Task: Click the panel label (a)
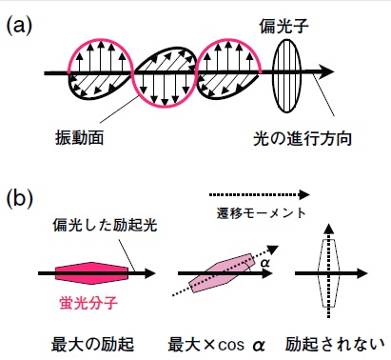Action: click(22, 27)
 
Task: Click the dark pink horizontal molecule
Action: click(93, 274)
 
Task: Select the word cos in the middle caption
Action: click(230, 341)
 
